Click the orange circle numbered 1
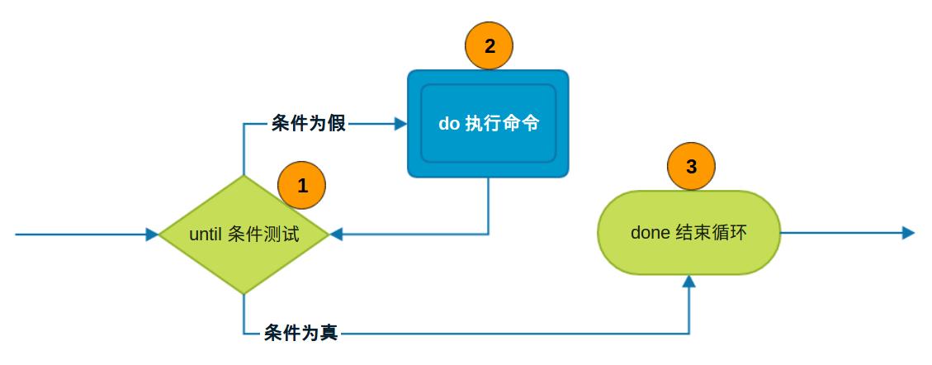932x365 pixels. point(302,185)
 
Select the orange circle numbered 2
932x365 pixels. point(490,45)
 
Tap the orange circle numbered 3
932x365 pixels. point(692,166)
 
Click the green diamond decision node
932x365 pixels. point(244,256)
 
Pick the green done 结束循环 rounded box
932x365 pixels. point(688,256)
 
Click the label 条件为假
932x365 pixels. point(308,125)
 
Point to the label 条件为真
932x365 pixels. point(300,334)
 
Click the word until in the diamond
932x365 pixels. point(206,235)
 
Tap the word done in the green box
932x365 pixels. point(650,233)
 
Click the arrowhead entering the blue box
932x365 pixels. point(401,125)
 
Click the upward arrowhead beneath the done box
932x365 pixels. point(689,282)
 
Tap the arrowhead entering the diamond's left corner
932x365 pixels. point(152,235)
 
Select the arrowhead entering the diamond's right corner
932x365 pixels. point(335,235)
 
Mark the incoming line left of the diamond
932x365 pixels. point(83,235)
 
